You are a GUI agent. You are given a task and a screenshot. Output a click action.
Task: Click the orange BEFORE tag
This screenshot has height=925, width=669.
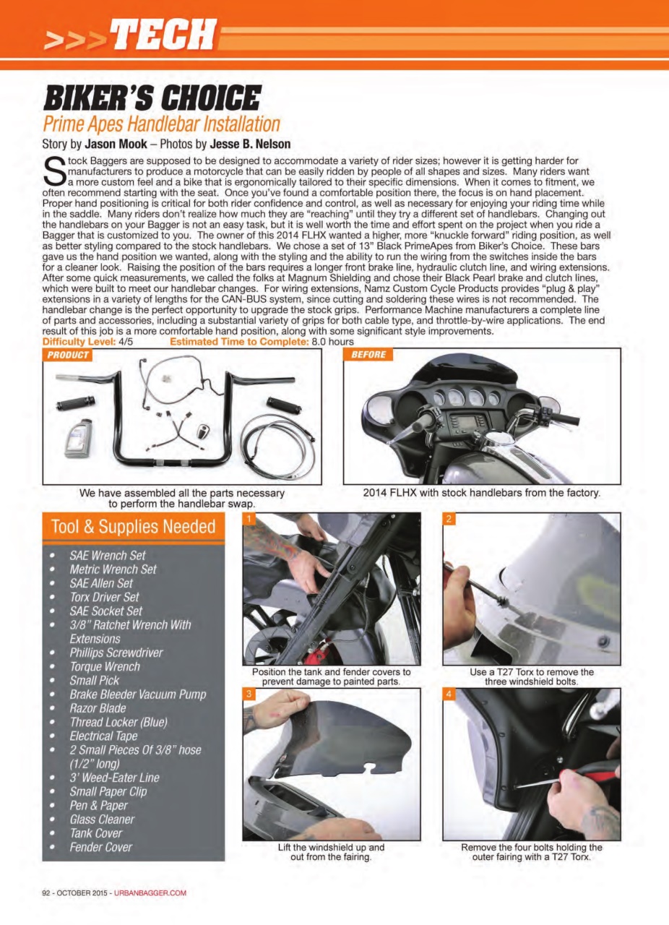pyautogui.click(x=368, y=355)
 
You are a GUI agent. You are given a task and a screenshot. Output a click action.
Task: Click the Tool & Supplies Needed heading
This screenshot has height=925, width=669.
pyautogui.click(x=134, y=527)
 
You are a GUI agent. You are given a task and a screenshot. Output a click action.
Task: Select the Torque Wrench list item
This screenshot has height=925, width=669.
pyautogui.click(x=105, y=666)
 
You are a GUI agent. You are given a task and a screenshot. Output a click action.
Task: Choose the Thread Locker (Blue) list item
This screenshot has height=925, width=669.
pyautogui.click(x=118, y=722)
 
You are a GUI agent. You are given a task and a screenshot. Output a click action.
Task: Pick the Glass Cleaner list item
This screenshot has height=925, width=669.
pyautogui.click(x=102, y=819)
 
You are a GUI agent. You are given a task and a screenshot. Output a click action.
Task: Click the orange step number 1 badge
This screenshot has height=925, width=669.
pyautogui.click(x=249, y=519)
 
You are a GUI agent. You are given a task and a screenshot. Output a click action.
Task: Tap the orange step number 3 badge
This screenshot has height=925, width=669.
pyautogui.click(x=249, y=694)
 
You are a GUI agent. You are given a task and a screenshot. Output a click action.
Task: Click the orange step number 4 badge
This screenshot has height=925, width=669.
pyautogui.click(x=449, y=694)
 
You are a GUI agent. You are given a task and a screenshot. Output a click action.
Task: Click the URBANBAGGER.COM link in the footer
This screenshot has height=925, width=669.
pyautogui.click(x=150, y=892)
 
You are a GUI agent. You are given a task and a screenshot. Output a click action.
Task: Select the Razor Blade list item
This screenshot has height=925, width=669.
pyautogui.click(x=98, y=708)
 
